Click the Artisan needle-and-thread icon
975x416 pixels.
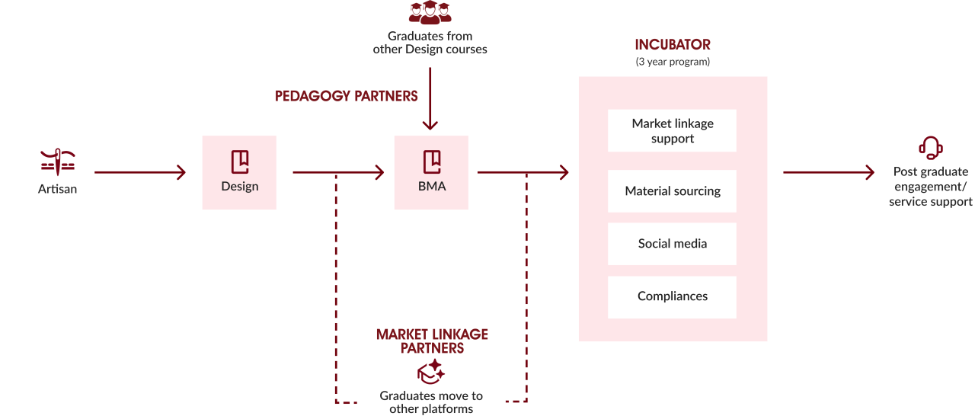pyautogui.click(x=58, y=162)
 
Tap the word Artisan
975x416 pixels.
pyautogui.click(x=57, y=189)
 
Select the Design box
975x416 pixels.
pyautogui.click(x=239, y=172)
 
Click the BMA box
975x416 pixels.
pyautogui.click(x=431, y=172)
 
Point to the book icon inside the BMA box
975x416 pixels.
pyautogui.click(x=432, y=162)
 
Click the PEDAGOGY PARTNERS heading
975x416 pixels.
pyautogui.click(x=346, y=96)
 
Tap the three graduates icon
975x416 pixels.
pyautogui.click(x=430, y=12)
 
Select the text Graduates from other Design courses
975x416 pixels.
pyautogui.click(x=430, y=43)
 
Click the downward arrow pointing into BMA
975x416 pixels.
pyautogui.click(x=430, y=99)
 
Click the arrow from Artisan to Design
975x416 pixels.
pyautogui.click(x=140, y=172)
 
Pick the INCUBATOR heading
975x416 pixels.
pyautogui.click(x=673, y=44)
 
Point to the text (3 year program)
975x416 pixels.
pyautogui.click(x=673, y=62)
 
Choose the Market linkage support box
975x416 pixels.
pyautogui.click(x=672, y=130)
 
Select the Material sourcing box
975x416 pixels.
pyautogui.click(x=672, y=191)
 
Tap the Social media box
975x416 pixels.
pyautogui.click(x=672, y=244)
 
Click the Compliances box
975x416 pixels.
pyautogui.click(x=672, y=297)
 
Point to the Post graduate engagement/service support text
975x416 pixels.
pyautogui.click(x=930, y=187)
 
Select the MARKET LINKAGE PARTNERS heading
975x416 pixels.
pyautogui.click(x=432, y=341)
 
